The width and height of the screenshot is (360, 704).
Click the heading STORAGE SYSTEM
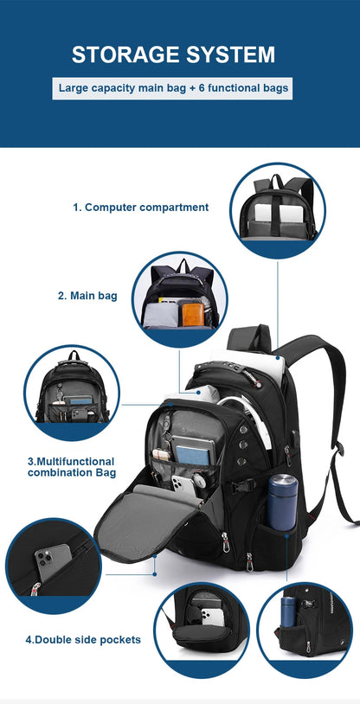[x=173, y=54]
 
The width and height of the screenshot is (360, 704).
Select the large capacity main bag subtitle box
[x=173, y=87]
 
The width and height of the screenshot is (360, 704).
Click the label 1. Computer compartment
[x=140, y=208]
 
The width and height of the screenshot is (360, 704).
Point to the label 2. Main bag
[x=87, y=296]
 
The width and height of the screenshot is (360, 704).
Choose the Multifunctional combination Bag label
[x=71, y=467]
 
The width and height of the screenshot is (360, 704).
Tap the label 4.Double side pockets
[x=82, y=640]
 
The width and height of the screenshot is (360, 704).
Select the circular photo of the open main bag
[x=180, y=298]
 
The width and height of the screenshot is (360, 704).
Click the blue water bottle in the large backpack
[x=283, y=502]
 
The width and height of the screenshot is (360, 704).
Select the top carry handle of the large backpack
[x=250, y=336]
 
